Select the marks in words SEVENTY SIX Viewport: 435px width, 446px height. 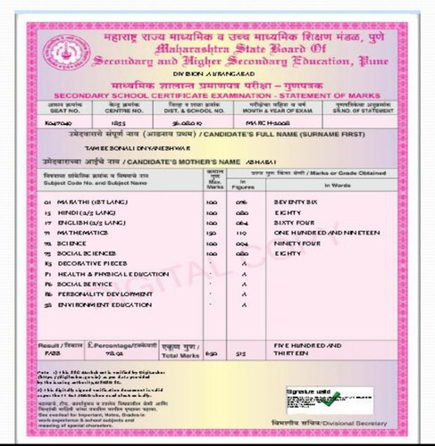tap(302, 202)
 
